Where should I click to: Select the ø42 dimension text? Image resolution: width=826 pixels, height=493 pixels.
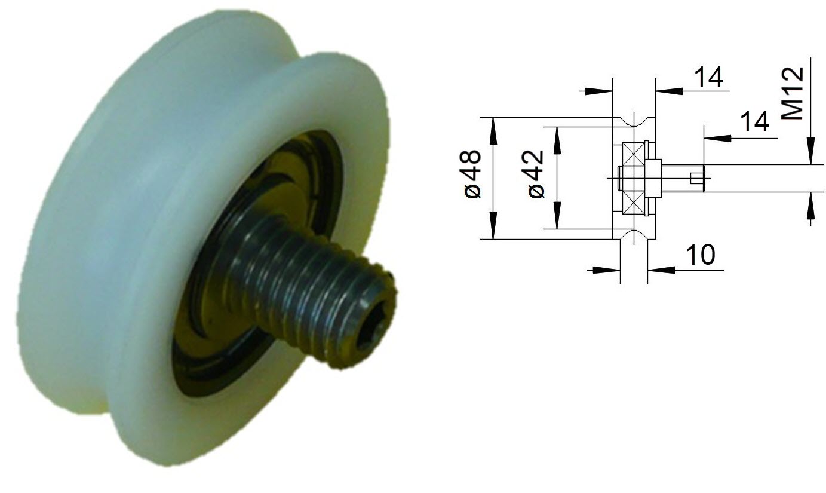[x=536, y=174]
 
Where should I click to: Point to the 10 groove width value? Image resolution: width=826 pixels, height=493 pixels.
[x=699, y=255]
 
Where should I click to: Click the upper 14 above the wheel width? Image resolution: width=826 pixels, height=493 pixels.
[x=708, y=78]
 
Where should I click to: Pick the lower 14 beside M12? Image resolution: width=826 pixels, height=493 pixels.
[x=754, y=123]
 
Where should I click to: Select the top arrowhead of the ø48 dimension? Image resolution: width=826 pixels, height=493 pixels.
[x=493, y=125]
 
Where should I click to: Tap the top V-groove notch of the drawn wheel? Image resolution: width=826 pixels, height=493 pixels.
[x=634, y=122]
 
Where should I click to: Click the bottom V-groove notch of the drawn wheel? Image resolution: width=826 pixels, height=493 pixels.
[x=634, y=235]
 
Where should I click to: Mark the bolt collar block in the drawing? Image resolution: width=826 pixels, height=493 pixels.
[x=654, y=178]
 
